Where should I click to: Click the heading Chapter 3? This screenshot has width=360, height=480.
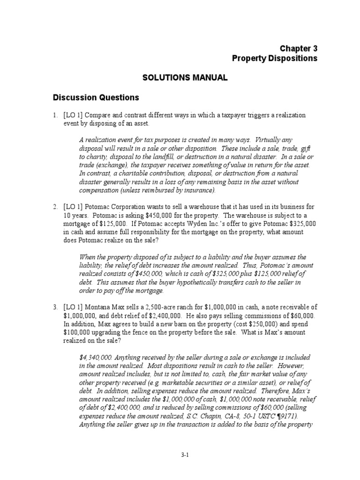point(299,48)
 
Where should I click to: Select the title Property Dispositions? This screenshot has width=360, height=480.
point(275,59)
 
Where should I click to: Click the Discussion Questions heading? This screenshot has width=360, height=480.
point(96,97)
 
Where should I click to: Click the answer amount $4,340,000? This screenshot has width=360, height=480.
point(97,357)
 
